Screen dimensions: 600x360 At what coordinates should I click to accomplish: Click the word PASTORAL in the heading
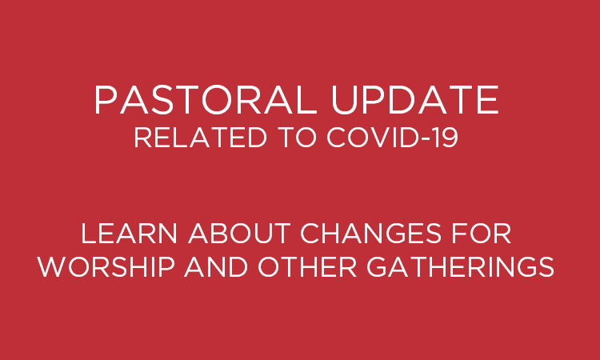[x=206, y=100]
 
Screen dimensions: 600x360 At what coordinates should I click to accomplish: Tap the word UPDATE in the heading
[x=415, y=100]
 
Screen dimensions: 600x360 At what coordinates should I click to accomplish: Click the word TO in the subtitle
[x=299, y=138]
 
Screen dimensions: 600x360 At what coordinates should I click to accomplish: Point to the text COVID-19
[x=393, y=138]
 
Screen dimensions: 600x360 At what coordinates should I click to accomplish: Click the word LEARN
[x=129, y=234]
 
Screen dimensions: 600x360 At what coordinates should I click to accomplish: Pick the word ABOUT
[x=239, y=234]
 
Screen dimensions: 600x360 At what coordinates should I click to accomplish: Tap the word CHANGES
[x=371, y=234]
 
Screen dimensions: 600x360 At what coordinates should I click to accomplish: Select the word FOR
[x=482, y=234]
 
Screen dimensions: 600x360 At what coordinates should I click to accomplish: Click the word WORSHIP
[x=106, y=266]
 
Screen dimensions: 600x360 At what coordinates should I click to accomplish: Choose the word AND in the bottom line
[x=216, y=266]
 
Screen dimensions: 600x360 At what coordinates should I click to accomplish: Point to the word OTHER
[x=308, y=266]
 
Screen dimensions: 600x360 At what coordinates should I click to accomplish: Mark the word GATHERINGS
[x=461, y=266]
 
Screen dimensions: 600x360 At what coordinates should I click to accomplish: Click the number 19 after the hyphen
[x=448, y=138]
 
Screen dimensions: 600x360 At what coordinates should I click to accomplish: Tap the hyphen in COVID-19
[x=430, y=140]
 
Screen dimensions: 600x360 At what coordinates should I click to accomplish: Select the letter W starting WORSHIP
[x=52, y=266]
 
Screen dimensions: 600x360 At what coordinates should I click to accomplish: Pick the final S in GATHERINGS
[x=546, y=266]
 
